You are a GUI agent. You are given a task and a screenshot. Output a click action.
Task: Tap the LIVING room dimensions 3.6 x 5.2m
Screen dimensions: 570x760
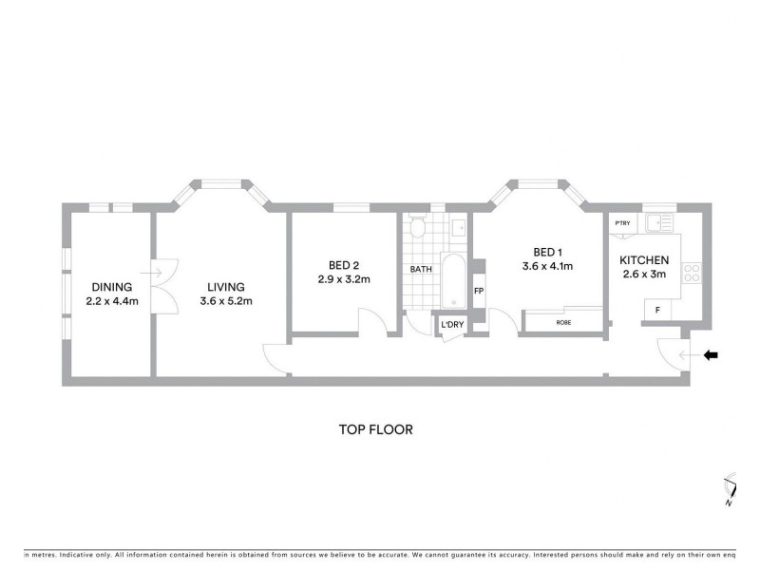pos(225,301)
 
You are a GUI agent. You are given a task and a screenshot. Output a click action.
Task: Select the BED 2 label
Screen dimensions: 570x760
pos(343,265)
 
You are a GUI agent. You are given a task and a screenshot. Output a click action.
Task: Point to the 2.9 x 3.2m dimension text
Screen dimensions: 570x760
pos(343,279)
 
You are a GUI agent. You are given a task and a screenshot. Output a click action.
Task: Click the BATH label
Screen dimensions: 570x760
pos(421,270)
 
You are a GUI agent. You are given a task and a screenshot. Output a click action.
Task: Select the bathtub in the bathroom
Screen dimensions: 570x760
pos(453,281)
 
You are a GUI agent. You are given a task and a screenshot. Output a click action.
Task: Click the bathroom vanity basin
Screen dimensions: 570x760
pos(458,226)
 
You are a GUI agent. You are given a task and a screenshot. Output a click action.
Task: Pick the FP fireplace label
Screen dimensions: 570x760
pos(479,291)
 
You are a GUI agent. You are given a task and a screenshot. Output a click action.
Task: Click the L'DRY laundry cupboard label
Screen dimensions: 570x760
pos(451,325)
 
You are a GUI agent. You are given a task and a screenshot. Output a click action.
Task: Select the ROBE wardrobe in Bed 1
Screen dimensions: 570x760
pos(563,323)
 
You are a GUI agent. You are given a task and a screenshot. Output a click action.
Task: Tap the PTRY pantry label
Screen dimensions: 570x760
pos(622,223)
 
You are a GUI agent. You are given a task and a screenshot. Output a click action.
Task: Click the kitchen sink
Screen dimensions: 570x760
pos(657,224)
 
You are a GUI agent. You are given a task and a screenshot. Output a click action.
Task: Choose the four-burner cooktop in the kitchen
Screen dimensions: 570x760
pos(692,275)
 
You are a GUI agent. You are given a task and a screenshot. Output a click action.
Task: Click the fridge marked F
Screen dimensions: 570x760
pos(656,309)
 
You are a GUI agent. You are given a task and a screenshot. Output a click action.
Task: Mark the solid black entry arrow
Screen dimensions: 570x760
pos(711,355)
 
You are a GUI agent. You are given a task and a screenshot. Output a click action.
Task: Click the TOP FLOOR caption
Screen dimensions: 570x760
pos(376,429)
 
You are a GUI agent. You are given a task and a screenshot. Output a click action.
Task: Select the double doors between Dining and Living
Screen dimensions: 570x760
pos(161,287)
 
